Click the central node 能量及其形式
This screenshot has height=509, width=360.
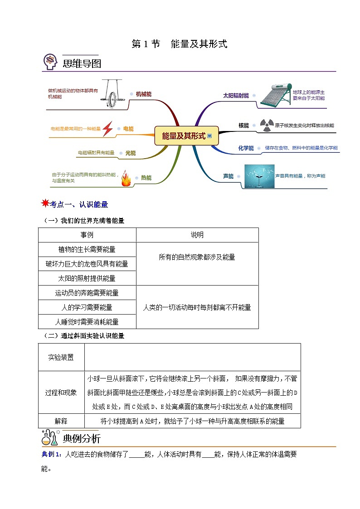tap(184, 136)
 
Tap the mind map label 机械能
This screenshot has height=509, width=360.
tap(143, 94)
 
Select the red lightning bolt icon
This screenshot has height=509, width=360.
tap(107, 129)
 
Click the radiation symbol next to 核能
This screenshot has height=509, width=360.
tap(265, 125)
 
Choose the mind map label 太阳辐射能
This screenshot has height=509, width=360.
tap(236, 96)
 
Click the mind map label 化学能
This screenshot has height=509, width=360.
tap(246, 148)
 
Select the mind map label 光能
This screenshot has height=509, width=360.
tap(130, 153)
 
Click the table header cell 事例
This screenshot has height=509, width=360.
tap(87, 235)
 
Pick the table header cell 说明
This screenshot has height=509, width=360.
tap(197, 235)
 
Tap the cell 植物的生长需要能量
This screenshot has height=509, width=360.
tap(87, 249)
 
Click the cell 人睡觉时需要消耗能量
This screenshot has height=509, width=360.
tap(87, 322)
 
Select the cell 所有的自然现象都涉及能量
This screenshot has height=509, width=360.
tap(197, 257)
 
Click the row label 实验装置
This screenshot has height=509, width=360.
tap(61, 357)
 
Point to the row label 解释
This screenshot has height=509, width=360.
tap(61, 421)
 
